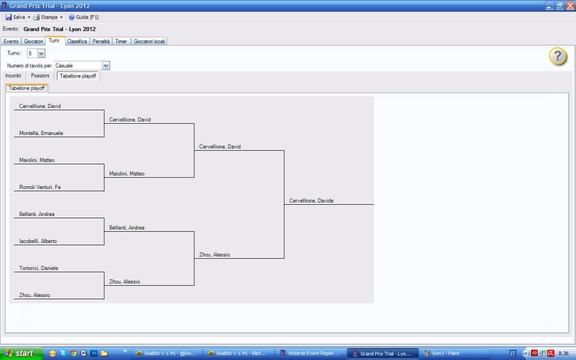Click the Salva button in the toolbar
click(16, 17)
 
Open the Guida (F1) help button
click(84, 17)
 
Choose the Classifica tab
click(77, 41)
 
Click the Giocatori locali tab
click(149, 41)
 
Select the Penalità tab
click(101, 41)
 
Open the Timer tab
click(121, 41)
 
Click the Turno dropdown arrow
click(41, 53)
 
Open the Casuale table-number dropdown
click(106, 66)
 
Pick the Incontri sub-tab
click(13, 76)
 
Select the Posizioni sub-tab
click(40, 76)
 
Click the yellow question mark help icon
click(557, 56)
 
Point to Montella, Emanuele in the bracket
click(41, 133)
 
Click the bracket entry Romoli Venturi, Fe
click(40, 187)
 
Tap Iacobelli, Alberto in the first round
click(38, 241)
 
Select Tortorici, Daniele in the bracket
click(39, 268)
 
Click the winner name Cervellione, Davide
click(311, 201)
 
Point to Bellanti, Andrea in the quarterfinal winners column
click(127, 228)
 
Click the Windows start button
click(19, 353)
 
